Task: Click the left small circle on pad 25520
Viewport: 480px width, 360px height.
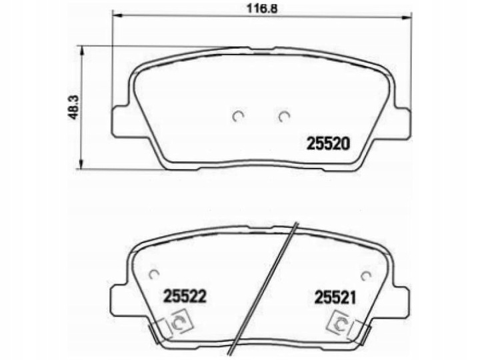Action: click(x=238, y=117)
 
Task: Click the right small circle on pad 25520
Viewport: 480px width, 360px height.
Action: click(x=284, y=117)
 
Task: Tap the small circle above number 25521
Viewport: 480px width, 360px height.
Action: click(x=365, y=275)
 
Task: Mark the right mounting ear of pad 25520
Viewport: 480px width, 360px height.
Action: click(x=402, y=122)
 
